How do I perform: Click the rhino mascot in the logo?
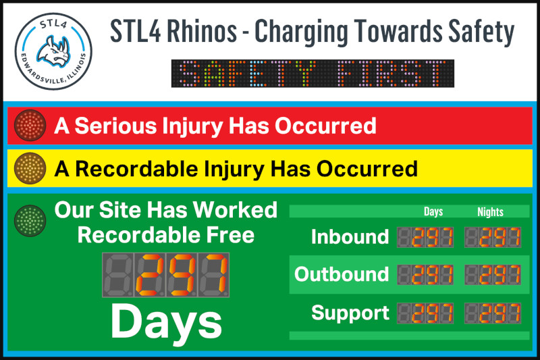54,51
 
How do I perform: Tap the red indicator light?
30,126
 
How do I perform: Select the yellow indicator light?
30,168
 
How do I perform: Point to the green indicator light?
30,221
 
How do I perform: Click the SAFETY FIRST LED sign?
313,74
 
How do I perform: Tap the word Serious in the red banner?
115,126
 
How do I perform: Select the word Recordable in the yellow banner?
136,169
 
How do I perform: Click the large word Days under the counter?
166,322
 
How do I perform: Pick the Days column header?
433,211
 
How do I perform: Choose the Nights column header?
491,211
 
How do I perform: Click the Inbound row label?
350,236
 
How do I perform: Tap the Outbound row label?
342,274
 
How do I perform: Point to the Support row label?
350,313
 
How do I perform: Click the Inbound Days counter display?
425,237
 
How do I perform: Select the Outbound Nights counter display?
493,275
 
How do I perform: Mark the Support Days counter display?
425,313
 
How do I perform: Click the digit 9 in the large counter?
182,275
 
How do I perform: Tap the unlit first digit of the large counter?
117,275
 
